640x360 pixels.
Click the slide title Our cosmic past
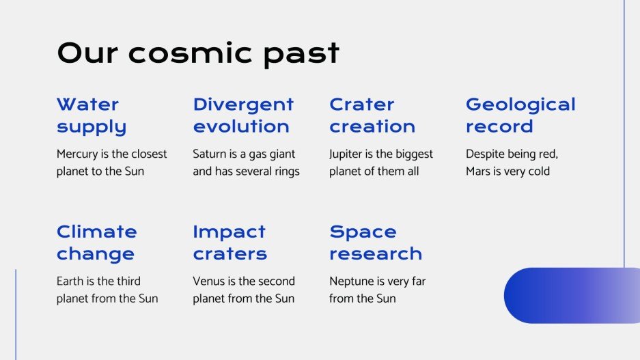pos(198,53)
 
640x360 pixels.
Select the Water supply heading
pos(92,115)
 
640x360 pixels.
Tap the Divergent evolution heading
pos(243,115)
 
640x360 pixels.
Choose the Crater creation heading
pos(372,115)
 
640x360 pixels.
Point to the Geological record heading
pos(520,115)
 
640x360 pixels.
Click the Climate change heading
pos(96,243)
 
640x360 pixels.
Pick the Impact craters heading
pos(229,243)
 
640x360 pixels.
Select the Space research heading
pos(376,243)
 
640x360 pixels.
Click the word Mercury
pos(77,154)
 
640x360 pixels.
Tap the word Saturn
pos(210,154)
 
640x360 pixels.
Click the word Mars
pos(478,171)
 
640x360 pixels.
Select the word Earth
pos(70,281)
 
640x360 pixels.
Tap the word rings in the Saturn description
pos(286,171)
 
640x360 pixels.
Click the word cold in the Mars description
pos(538,171)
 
